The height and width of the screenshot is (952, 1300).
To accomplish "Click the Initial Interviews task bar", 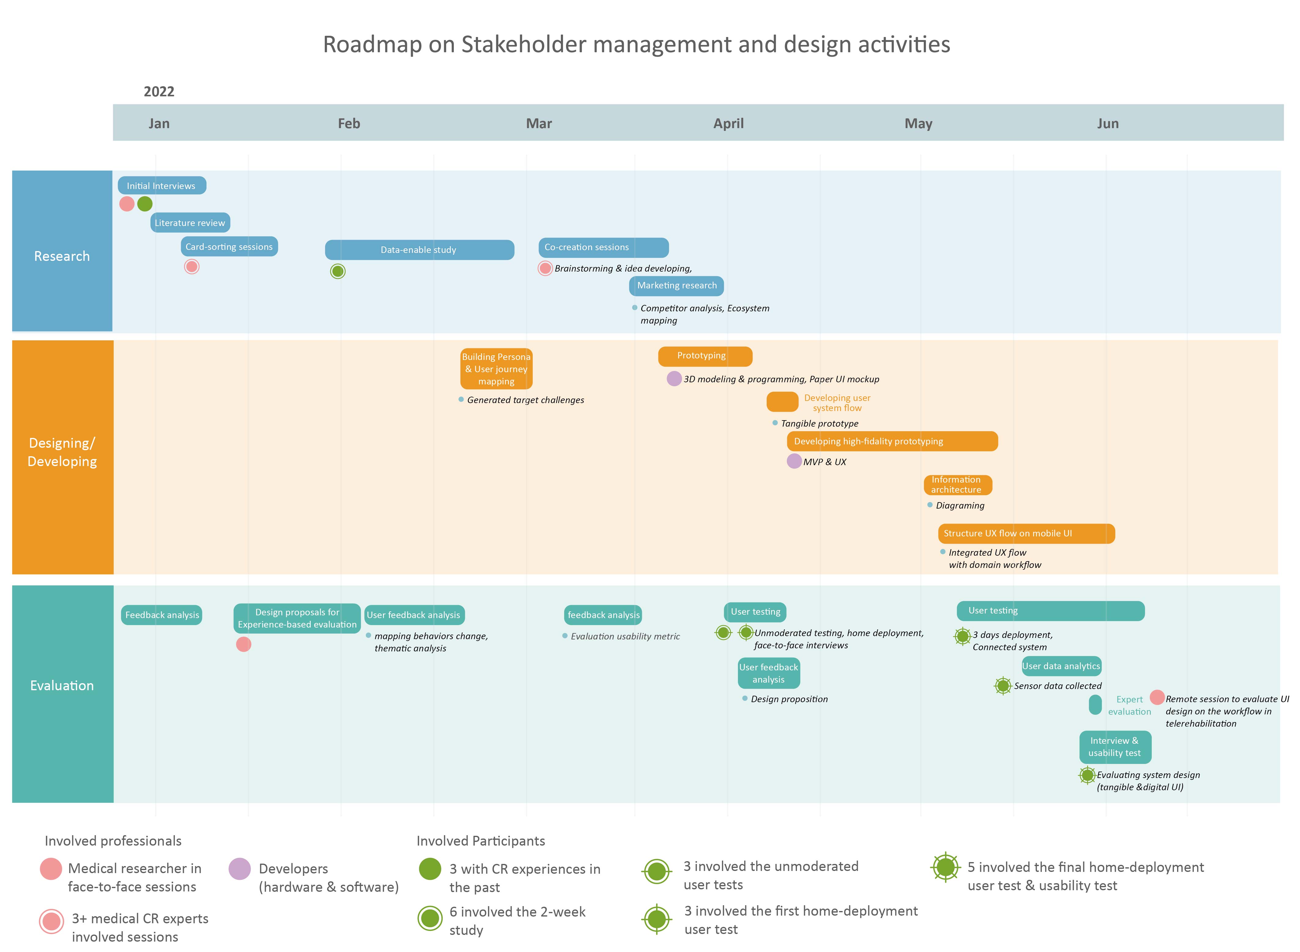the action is click(162, 186).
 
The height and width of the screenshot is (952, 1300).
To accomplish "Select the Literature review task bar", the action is click(190, 222).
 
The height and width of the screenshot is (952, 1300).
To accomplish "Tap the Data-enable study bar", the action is click(420, 250).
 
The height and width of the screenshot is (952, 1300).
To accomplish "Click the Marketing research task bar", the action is click(676, 286).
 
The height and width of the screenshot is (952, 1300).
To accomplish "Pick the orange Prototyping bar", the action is click(705, 356).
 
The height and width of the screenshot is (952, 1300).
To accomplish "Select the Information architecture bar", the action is click(958, 485).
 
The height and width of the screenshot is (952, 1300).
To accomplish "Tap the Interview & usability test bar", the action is click(1115, 747).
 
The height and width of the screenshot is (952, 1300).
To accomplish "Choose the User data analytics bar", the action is click(1061, 666).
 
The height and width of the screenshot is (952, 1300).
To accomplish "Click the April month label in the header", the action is click(728, 123).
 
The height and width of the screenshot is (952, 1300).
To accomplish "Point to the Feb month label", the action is click(349, 123).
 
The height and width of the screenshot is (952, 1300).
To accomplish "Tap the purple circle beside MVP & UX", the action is click(794, 461).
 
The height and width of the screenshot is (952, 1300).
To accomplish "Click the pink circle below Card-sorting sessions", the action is click(192, 266).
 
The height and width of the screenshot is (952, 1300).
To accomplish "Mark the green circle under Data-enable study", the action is click(338, 271).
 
